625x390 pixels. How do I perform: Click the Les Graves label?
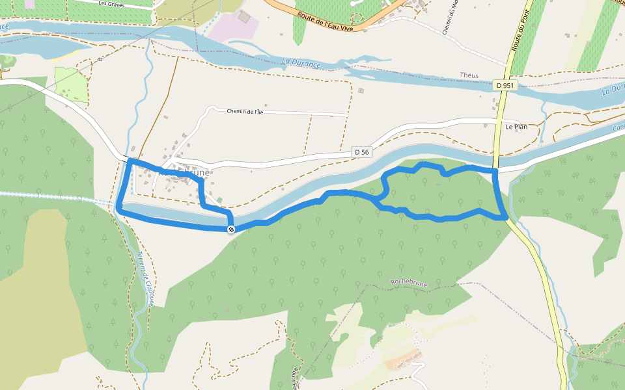click(x=111, y=3)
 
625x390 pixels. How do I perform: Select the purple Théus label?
click(x=469, y=75)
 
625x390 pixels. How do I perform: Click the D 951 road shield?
click(x=505, y=85)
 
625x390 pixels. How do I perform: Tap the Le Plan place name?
click(x=516, y=127)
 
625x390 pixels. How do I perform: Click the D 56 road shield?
click(x=362, y=152)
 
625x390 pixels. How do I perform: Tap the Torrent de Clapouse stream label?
click(x=148, y=280)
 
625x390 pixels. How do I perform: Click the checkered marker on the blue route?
click(x=231, y=229)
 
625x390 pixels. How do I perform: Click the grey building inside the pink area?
click(x=244, y=16)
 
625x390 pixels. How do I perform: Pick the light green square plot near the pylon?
click(x=71, y=84)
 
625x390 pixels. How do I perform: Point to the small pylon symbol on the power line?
click(x=100, y=60)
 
